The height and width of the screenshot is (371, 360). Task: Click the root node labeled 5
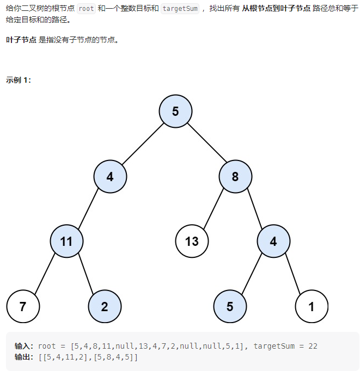click(175, 111)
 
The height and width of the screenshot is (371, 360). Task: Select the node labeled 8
click(235, 176)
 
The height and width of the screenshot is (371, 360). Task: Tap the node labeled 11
click(66, 241)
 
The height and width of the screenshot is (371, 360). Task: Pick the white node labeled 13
click(192, 241)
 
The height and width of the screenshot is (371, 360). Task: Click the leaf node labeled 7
click(23, 306)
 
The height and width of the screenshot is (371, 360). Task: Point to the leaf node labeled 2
click(105, 306)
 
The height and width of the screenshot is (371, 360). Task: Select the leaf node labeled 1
click(312, 306)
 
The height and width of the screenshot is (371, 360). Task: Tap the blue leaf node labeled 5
click(230, 306)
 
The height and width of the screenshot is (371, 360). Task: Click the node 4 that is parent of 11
click(110, 176)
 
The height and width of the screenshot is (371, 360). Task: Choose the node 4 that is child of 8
click(273, 241)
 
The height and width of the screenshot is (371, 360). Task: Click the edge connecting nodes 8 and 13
click(213, 209)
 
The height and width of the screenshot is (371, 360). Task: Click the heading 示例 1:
click(19, 80)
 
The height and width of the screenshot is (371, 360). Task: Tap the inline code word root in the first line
click(86, 9)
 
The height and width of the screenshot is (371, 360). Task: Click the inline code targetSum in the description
click(180, 9)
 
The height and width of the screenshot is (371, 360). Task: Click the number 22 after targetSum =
click(313, 346)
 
